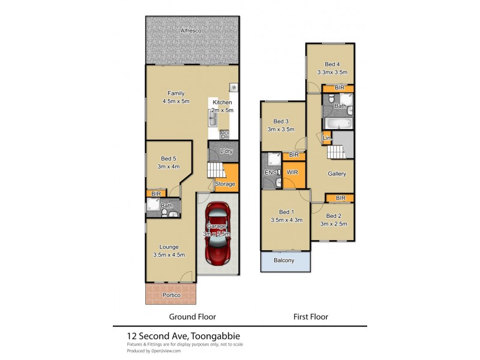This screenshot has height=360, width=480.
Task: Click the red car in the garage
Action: point(217,233)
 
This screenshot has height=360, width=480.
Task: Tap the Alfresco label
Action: point(192,30)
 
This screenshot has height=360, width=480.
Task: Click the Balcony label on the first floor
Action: point(284,260)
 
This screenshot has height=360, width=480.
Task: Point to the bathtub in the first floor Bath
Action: point(337,124)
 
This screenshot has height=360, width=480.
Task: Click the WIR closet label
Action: point(293,172)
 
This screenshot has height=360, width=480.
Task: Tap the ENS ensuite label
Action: point(269,173)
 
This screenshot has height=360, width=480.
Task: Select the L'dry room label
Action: point(226,151)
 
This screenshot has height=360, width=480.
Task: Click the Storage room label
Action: point(225,184)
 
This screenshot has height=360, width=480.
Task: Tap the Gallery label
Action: point(337,173)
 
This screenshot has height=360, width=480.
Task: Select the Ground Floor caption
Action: point(192,316)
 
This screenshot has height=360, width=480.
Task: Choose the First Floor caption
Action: point(310,316)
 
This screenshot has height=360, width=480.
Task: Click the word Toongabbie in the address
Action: point(215,336)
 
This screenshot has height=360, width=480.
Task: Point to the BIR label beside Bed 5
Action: point(156,194)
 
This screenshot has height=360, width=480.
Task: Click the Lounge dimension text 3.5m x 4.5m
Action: point(169,254)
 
